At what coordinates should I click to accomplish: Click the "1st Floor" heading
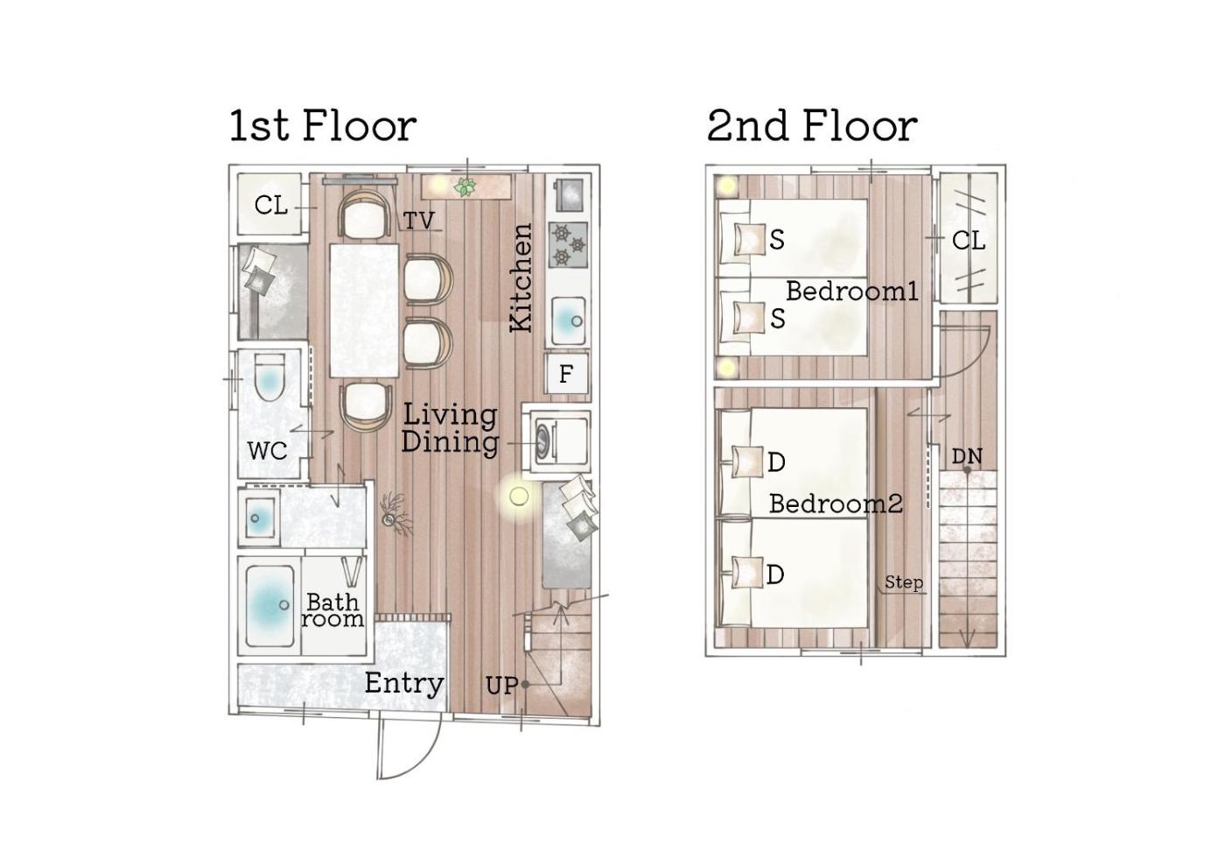tap(323, 126)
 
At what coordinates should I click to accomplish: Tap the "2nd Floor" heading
tap(812, 126)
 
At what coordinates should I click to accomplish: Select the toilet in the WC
tap(270, 377)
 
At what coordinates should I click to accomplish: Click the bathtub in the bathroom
tap(269, 606)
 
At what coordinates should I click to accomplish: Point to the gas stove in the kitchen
tap(568, 244)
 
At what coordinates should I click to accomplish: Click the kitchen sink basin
tap(569, 321)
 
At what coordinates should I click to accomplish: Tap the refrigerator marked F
tap(567, 374)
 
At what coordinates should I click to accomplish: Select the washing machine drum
tap(543, 439)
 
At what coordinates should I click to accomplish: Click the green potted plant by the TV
tap(465, 187)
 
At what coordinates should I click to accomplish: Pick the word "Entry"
tap(404, 684)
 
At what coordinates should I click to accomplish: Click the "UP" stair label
tap(502, 686)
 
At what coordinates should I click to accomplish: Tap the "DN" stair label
tap(967, 456)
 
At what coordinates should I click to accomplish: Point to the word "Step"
tap(904, 583)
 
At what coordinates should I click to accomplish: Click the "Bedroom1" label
tap(852, 291)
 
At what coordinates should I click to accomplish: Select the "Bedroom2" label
tap(836, 503)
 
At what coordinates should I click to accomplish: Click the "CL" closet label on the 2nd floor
tap(969, 240)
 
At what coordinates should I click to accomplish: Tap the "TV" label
tap(419, 221)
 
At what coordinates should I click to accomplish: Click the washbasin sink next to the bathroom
tap(259, 518)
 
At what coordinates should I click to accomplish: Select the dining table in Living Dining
tap(364, 310)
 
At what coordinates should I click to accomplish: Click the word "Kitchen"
tap(521, 277)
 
